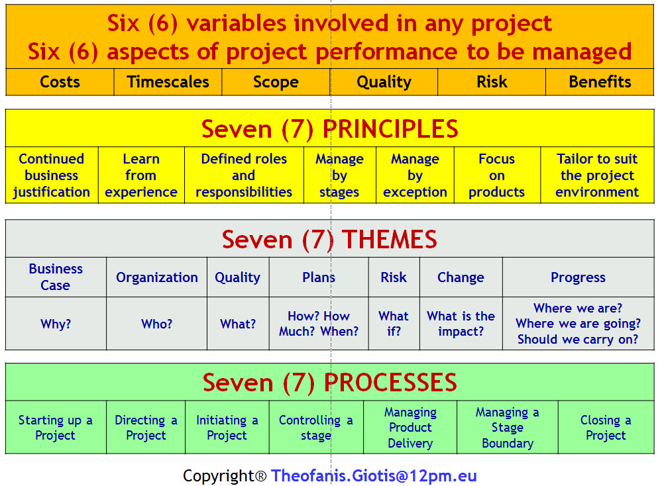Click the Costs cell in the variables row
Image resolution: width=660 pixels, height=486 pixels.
tap(60, 82)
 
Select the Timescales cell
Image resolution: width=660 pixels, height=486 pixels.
tap(168, 82)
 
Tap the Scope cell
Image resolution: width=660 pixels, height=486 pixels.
tap(276, 82)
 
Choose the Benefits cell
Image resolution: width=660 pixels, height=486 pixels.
tap(600, 82)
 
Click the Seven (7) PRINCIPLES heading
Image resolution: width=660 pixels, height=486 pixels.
tap(329, 128)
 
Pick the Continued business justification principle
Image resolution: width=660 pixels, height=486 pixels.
tap(52, 175)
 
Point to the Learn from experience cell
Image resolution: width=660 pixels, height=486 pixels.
tap(141, 175)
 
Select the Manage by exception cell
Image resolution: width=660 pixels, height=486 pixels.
tap(415, 175)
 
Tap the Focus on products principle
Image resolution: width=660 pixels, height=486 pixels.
tap(497, 175)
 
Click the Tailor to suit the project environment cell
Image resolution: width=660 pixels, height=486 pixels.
tap(597, 175)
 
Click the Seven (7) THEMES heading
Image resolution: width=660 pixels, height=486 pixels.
tap(329, 239)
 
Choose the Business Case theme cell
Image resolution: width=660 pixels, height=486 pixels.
tap(56, 277)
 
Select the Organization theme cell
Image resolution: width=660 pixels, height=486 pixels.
tap(156, 277)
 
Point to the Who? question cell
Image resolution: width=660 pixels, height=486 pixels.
tap(156, 324)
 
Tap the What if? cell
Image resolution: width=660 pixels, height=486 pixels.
tap(394, 324)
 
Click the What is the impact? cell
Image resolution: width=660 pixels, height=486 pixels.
tap(461, 324)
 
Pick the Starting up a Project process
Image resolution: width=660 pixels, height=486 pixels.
tap(56, 428)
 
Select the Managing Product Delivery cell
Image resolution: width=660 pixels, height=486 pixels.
tap(410, 428)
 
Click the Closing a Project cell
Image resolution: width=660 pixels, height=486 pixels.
tap(606, 428)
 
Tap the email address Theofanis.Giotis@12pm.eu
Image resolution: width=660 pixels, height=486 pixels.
tap(374, 475)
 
